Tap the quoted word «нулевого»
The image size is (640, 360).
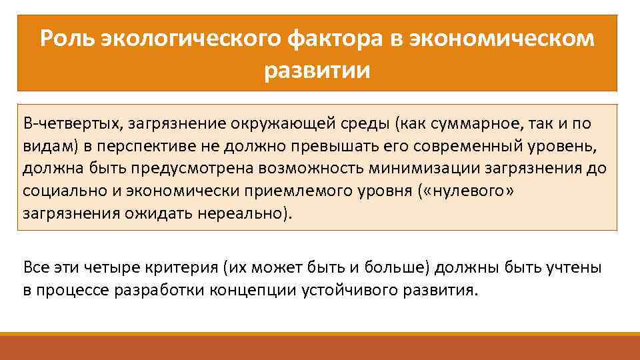coord(468,191)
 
